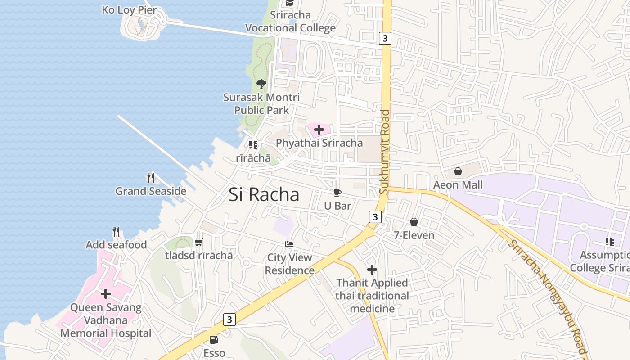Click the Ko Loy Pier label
(x=129, y=9)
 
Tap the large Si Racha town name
(x=264, y=194)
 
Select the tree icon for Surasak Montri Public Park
(x=261, y=84)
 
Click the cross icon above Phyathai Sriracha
(x=319, y=130)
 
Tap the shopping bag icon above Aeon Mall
(x=458, y=171)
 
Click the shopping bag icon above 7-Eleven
(x=414, y=222)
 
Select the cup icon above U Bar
(x=337, y=193)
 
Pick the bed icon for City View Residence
(x=290, y=244)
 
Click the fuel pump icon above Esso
(x=214, y=340)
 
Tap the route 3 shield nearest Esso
(x=229, y=319)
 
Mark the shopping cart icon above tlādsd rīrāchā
(x=199, y=242)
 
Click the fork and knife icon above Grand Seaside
(x=151, y=178)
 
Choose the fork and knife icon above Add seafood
(x=116, y=232)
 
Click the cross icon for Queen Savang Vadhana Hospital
(x=106, y=294)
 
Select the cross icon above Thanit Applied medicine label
(x=372, y=270)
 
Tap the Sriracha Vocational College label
(x=290, y=21)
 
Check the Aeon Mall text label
(x=458, y=185)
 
